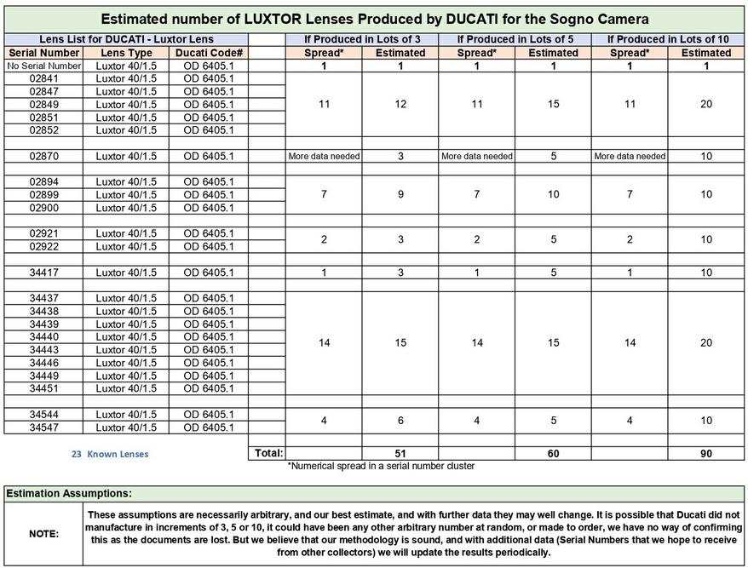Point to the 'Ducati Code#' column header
pos(208,53)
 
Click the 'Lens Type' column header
pos(125,53)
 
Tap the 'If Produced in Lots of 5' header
pos(515,39)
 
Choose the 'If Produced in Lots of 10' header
pos(668,39)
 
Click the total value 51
pos(400,454)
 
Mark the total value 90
pos(706,454)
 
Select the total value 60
pos(554,454)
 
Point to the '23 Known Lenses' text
pos(109,454)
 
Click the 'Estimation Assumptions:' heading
pos(68,493)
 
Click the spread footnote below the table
pos(380,467)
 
